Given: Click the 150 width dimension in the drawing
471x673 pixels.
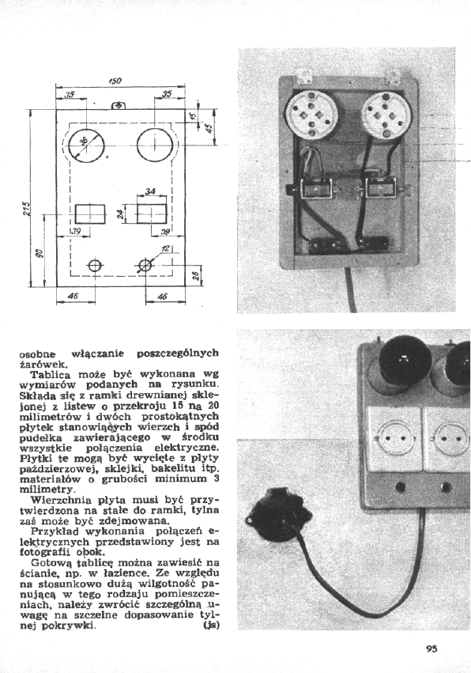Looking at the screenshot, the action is coord(116,80).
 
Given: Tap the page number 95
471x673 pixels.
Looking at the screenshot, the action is coord(431,648).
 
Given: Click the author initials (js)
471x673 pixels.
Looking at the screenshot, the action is coord(212,625).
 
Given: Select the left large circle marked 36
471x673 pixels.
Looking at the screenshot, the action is coord(87,146).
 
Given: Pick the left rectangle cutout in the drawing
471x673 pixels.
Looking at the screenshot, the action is coord(90,214).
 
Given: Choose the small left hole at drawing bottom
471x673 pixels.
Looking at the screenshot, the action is coord(94,266).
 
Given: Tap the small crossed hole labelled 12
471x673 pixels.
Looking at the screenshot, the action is coord(146,266).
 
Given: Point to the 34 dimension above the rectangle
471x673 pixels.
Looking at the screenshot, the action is coord(149,191).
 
